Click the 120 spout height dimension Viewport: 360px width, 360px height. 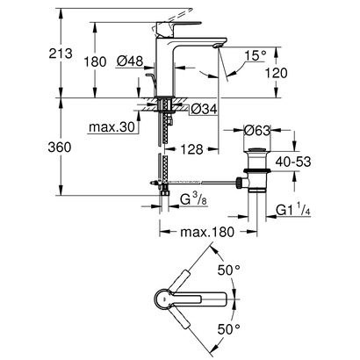coord(277,74)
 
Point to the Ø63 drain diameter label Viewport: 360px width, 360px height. coord(259,129)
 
